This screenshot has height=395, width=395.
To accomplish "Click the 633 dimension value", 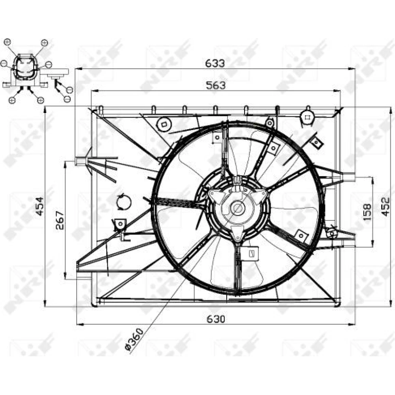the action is (x=214, y=63).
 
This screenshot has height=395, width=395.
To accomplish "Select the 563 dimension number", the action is (x=216, y=85).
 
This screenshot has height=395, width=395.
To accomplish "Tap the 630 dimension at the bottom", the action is (x=216, y=319).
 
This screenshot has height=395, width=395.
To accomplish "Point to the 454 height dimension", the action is (x=39, y=206).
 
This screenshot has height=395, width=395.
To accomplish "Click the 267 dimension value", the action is (x=60, y=220).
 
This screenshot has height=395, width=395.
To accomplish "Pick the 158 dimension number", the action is (x=367, y=212).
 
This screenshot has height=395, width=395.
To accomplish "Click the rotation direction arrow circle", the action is (x=124, y=202).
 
